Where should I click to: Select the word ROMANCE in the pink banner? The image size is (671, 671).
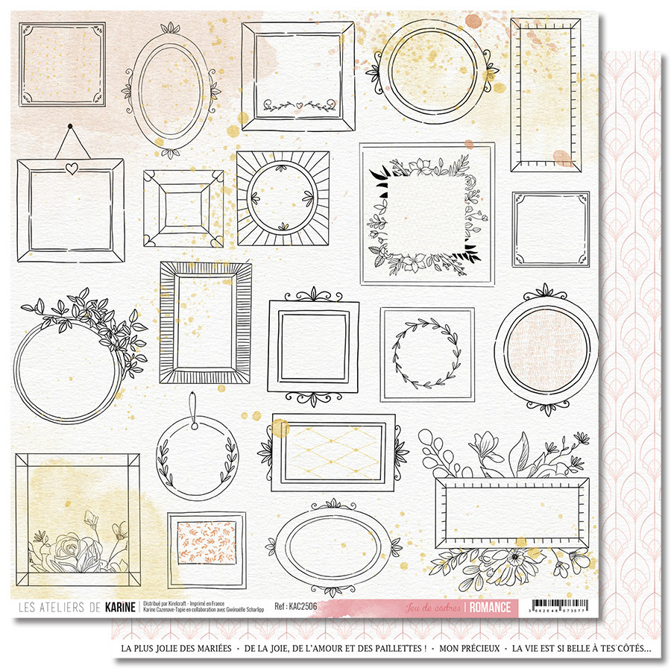coord(491,607)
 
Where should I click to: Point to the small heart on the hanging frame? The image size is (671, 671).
coord(71,168)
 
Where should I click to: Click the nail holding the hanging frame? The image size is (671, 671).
coord(69,125)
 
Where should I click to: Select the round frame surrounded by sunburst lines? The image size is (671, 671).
coord(283,198)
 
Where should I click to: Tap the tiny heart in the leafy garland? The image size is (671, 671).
coord(297,104)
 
